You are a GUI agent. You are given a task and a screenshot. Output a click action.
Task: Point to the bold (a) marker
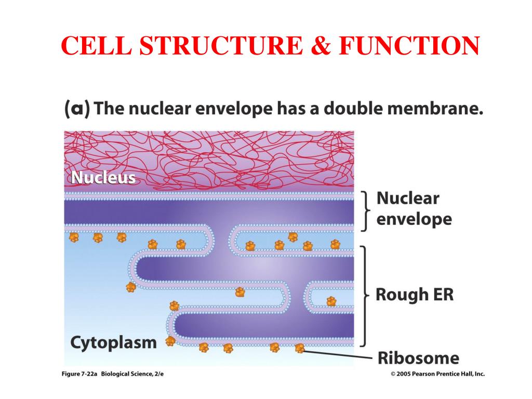pos(77,110)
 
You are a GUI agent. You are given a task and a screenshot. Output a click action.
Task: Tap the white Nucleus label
pos(103,178)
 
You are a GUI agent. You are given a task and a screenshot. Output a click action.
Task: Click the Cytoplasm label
pos(113,342)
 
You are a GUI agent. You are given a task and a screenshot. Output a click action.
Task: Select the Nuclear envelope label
pos(414,209)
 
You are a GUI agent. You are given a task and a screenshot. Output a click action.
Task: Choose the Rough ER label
pos(415,295)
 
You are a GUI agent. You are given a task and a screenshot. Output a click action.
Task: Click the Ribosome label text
pos(418,358)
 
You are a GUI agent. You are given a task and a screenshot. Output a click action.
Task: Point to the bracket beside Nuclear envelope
pos(366,210)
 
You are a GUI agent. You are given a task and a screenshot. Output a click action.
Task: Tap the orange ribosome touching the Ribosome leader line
pos(299,348)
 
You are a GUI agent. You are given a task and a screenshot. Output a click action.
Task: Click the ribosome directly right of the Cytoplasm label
pos(170,341)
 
